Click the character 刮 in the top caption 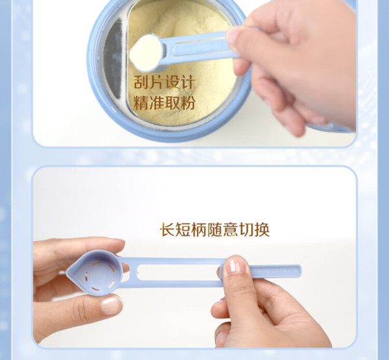tap(141, 82)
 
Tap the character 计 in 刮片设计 tap(187, 82)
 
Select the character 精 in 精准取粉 tap(141, 102)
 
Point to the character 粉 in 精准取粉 tap(187, 102)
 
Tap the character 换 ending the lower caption tap(262, 230)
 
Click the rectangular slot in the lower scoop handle tap(179, 272)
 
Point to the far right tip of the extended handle tap(301, 271)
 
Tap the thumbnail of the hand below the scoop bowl tap(112, 306)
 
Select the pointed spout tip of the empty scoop tap(67, 271)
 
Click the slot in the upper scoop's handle tap(201, 47)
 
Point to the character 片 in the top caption tap(157, 82)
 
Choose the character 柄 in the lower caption tap(199, 230)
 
